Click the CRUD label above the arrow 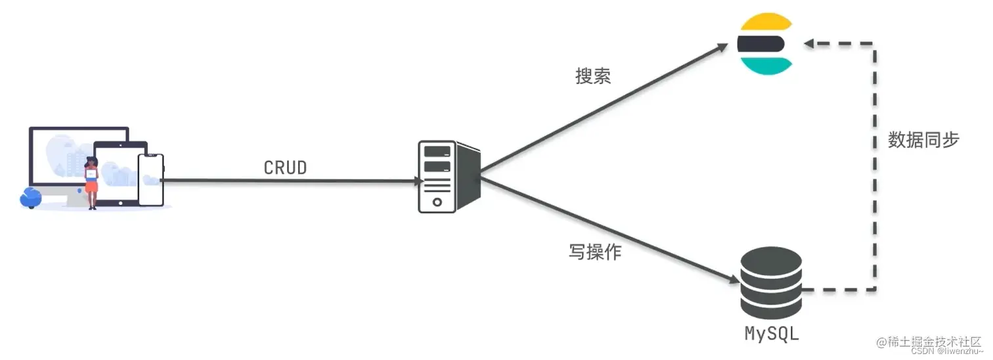285,168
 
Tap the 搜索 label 593,77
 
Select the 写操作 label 594,252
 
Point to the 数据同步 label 923,140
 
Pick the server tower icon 449,176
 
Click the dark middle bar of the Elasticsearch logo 761,44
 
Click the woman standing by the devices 91,182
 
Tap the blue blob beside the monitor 30,196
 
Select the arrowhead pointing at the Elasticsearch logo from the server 722,47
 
